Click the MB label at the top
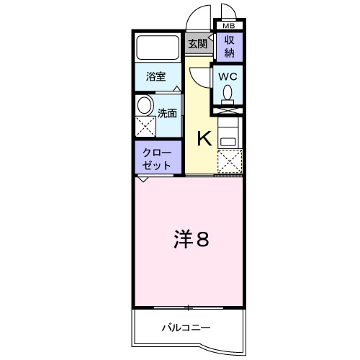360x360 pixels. [228, 26]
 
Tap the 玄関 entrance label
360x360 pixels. [197, 43]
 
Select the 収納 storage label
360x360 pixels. [229, 46]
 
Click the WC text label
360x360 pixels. [228, 76]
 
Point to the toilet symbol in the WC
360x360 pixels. [228, 93]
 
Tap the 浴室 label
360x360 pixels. [156, 76]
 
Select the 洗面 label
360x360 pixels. [167, 112]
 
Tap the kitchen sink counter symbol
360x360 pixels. [228, 133]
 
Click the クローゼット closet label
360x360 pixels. [157, 158]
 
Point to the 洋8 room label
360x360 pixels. [191, 240]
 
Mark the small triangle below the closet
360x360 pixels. [143, 179]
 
